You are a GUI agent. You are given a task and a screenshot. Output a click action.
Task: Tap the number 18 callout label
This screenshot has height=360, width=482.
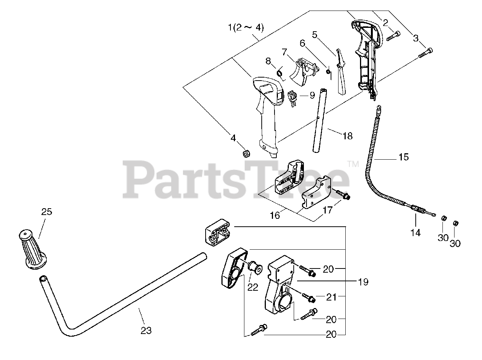tap(347, 136)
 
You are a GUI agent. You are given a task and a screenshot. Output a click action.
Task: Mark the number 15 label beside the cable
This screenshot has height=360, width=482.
tap(403, 157)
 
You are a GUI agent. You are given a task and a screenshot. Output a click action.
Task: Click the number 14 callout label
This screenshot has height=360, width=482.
tap(415, 233)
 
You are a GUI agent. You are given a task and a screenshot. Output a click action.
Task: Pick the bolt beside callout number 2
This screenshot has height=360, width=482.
tap(392, 36)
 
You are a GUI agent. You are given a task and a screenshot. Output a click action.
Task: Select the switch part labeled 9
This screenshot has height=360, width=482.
tap(293, 97)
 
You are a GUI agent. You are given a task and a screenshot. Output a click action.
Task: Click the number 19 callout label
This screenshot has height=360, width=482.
tap(363, 281)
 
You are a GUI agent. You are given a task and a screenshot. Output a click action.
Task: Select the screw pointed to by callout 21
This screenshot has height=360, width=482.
tap(309, 299)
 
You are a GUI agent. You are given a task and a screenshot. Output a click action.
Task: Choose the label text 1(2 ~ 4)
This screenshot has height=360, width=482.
tap(246, 27)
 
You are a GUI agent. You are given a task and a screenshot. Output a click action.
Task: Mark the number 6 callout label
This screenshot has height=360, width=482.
tap(302, 43)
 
